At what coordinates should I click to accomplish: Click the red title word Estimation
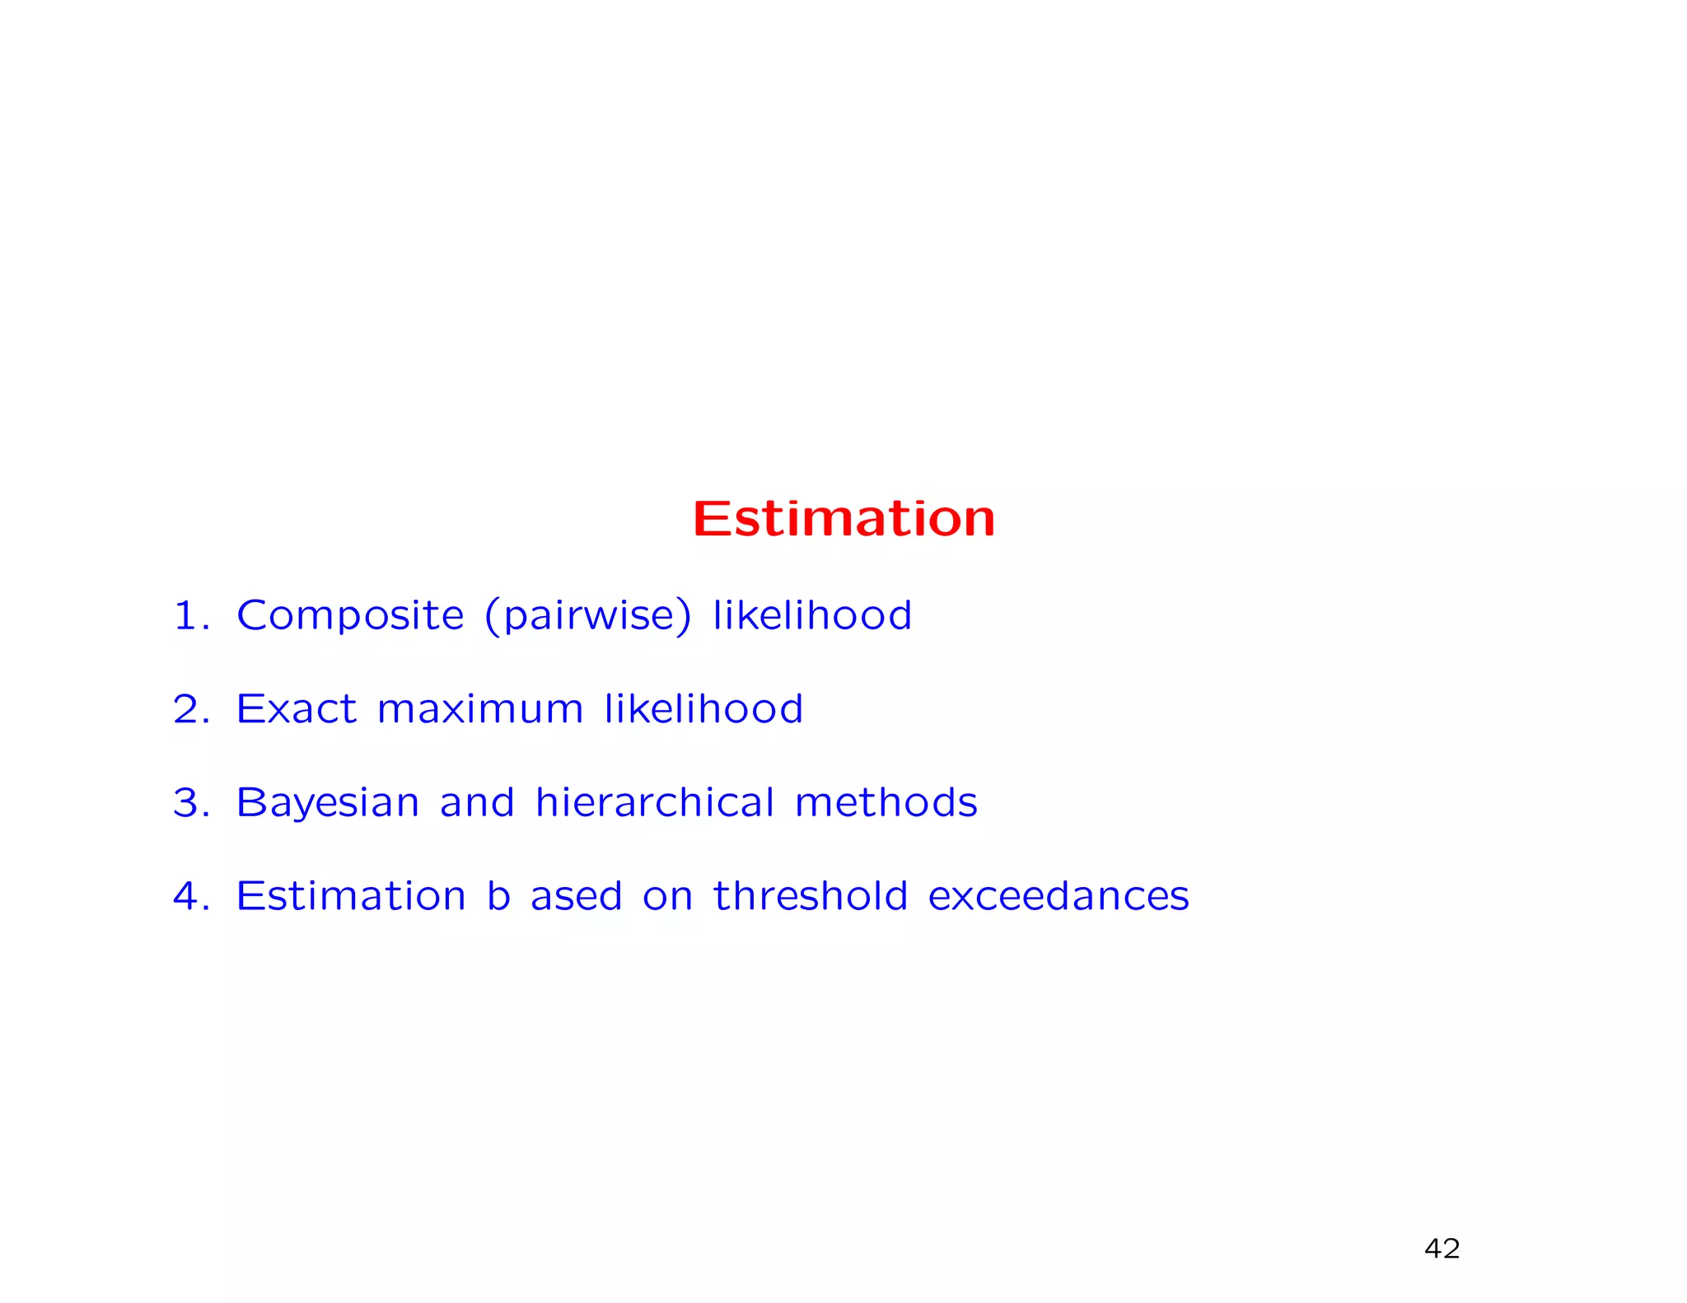click(x=843, y=519)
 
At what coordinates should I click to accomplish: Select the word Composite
click(x=350, y=615)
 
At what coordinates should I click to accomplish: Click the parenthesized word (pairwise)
click(x=588, y=615)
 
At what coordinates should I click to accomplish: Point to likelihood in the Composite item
click(x=812, y=615)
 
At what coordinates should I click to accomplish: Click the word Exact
click(x=297, y=709)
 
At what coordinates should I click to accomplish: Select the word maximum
click(x=480, y=709)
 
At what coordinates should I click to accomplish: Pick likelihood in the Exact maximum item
click(x=703, y=709)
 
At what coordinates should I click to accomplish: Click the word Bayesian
click(x=328, y=804)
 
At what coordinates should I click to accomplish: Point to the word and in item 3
click(x=477, y=802)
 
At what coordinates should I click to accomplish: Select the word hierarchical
click(x=655, y=802)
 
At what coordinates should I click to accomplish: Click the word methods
click(x=886, y=802)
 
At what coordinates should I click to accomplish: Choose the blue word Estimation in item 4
click(x=351, y=896)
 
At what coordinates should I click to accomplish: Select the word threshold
click(x=811, y=896)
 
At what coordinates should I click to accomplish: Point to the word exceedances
click(x=1058, y=896)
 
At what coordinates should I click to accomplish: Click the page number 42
click(x=1442, y=1249)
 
